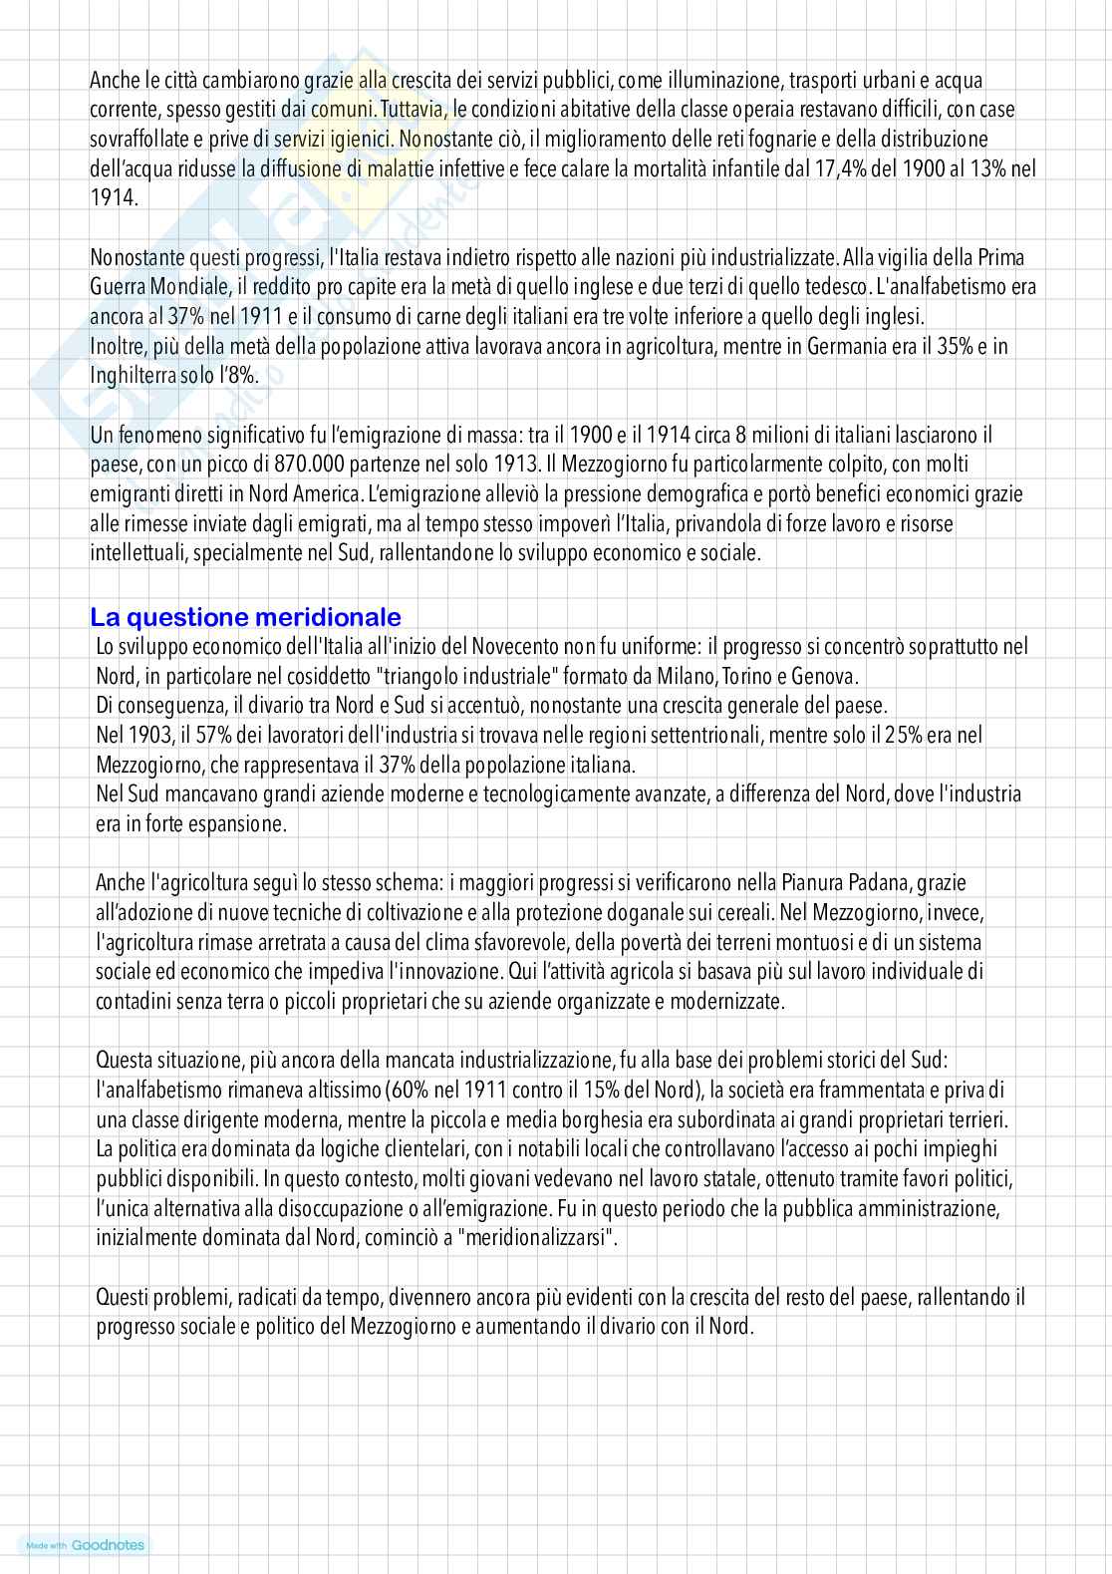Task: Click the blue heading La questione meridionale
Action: (x=246, y=616)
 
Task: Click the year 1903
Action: (x=149, y=736)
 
